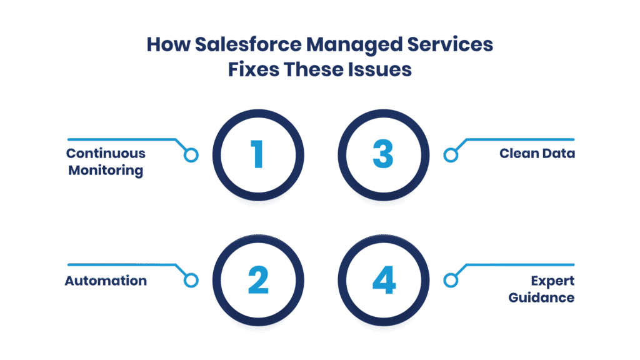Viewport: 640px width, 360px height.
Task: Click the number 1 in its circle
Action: (257, 154)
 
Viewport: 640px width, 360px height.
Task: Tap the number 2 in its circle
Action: (257, 281)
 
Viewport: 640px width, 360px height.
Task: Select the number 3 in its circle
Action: (383, 154)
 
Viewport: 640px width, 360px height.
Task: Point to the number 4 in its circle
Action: (383, 281)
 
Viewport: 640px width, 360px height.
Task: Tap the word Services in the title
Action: (453, 45)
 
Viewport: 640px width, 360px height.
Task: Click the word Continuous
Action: (106, 154)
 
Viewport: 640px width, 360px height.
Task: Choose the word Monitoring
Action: (106, 170)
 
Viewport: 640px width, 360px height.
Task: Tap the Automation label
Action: (106, 281)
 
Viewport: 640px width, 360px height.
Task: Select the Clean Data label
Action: (537, 154)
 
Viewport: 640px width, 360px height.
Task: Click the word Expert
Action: (553, 281)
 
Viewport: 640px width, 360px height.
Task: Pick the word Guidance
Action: (541, 297)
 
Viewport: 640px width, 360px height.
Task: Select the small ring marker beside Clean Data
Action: (449, 156)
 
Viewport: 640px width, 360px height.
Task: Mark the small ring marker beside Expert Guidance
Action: (449, 281)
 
